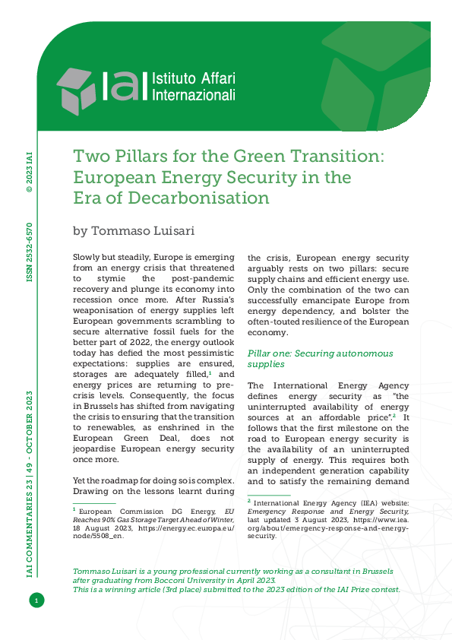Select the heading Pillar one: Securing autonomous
tap(321, 353)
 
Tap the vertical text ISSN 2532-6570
tap(30, 253)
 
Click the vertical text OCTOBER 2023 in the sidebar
tap(30, 421)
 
